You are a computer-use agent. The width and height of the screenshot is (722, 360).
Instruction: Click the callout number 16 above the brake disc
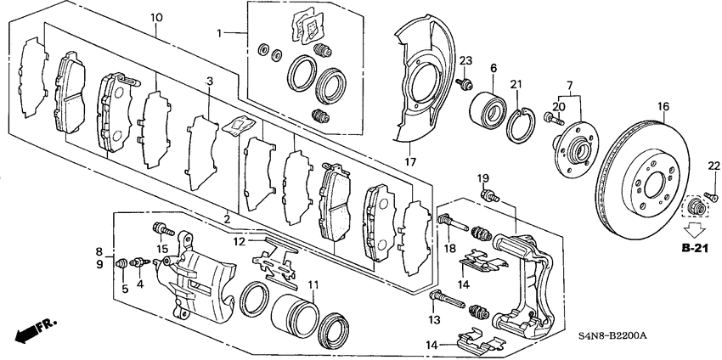click(663, 107)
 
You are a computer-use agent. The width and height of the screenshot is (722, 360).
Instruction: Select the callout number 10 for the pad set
click(156, 17)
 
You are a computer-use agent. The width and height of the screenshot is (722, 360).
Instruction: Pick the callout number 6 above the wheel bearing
click(493, 68)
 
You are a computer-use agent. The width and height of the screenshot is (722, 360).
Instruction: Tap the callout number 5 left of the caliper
click(124, 289)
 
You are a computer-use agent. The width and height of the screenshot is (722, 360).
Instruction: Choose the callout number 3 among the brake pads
click(208, 81)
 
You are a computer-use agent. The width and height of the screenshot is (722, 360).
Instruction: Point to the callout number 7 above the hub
click(569, 86)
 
